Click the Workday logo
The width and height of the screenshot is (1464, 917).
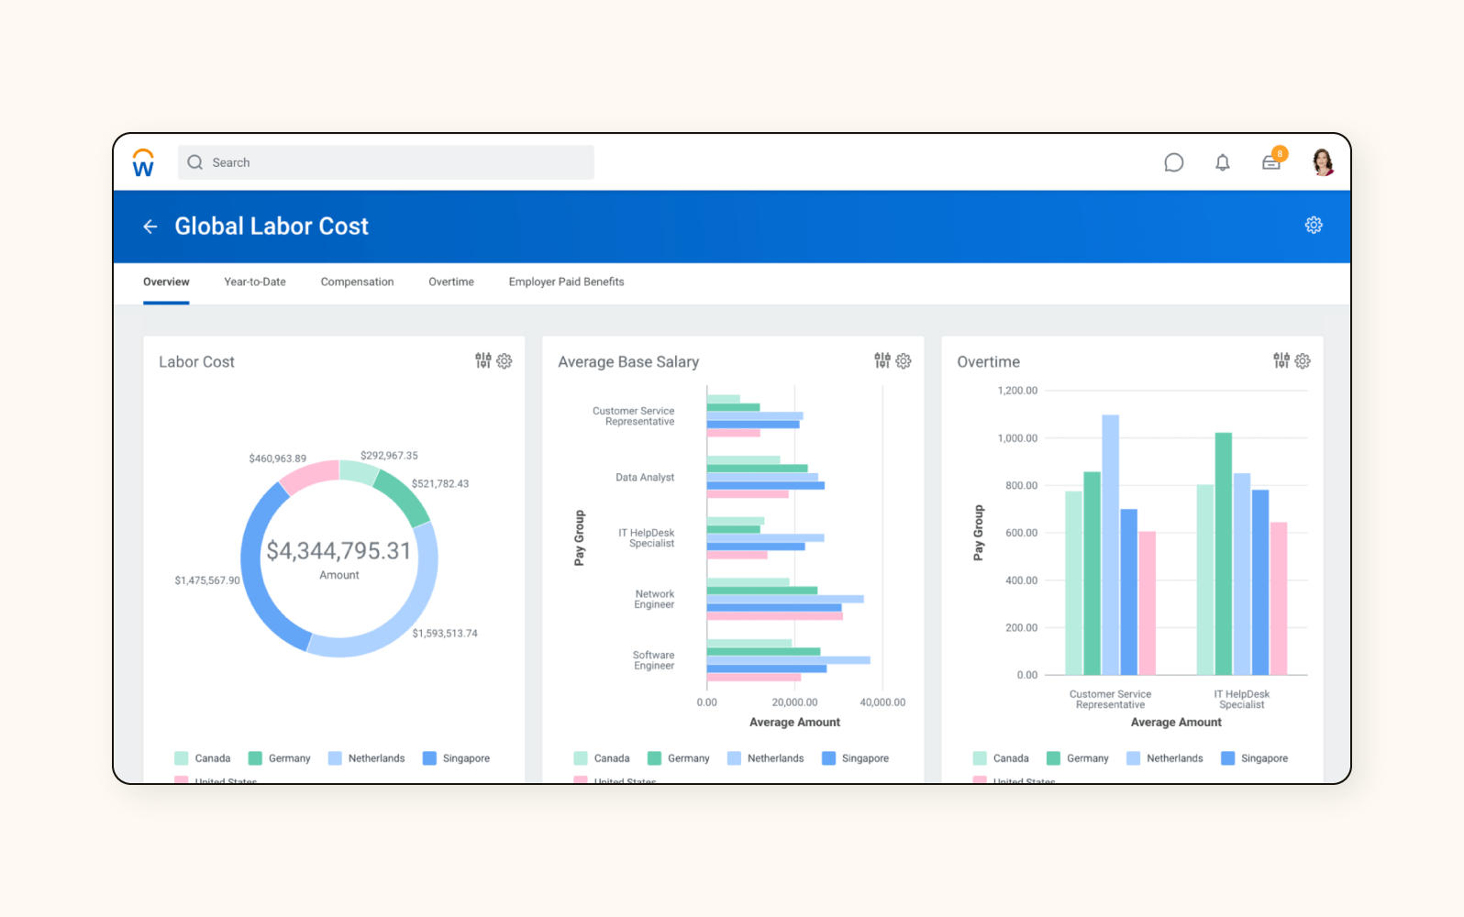(143, 163)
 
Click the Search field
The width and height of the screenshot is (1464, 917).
(385, 162)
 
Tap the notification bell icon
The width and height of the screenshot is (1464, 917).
(1222, 163)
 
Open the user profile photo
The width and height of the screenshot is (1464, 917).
(1322, 162)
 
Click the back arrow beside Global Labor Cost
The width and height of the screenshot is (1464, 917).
(150, 226)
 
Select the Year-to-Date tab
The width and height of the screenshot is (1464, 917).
(255, 282)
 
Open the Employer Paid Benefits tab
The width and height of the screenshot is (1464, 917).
(566, 282)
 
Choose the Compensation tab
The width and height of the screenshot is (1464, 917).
(357, 282)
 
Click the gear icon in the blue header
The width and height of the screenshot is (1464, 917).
(1314, 226)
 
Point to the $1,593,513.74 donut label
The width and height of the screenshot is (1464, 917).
(445, 634)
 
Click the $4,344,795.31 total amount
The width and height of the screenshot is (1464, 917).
(338, 550)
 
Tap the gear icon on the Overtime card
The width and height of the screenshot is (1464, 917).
(1303, 361)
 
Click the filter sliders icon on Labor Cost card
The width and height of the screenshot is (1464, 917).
(483, 361)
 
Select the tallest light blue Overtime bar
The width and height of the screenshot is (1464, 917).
(1110, 545)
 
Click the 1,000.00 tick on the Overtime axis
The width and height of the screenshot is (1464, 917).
(1017, 438)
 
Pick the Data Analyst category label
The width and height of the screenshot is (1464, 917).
(645, 478)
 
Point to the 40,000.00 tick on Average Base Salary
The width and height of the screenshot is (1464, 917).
(882, 702)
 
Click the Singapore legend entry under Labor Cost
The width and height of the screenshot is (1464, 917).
(457, 758)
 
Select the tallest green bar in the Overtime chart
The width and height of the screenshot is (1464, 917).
(1223, 554)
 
